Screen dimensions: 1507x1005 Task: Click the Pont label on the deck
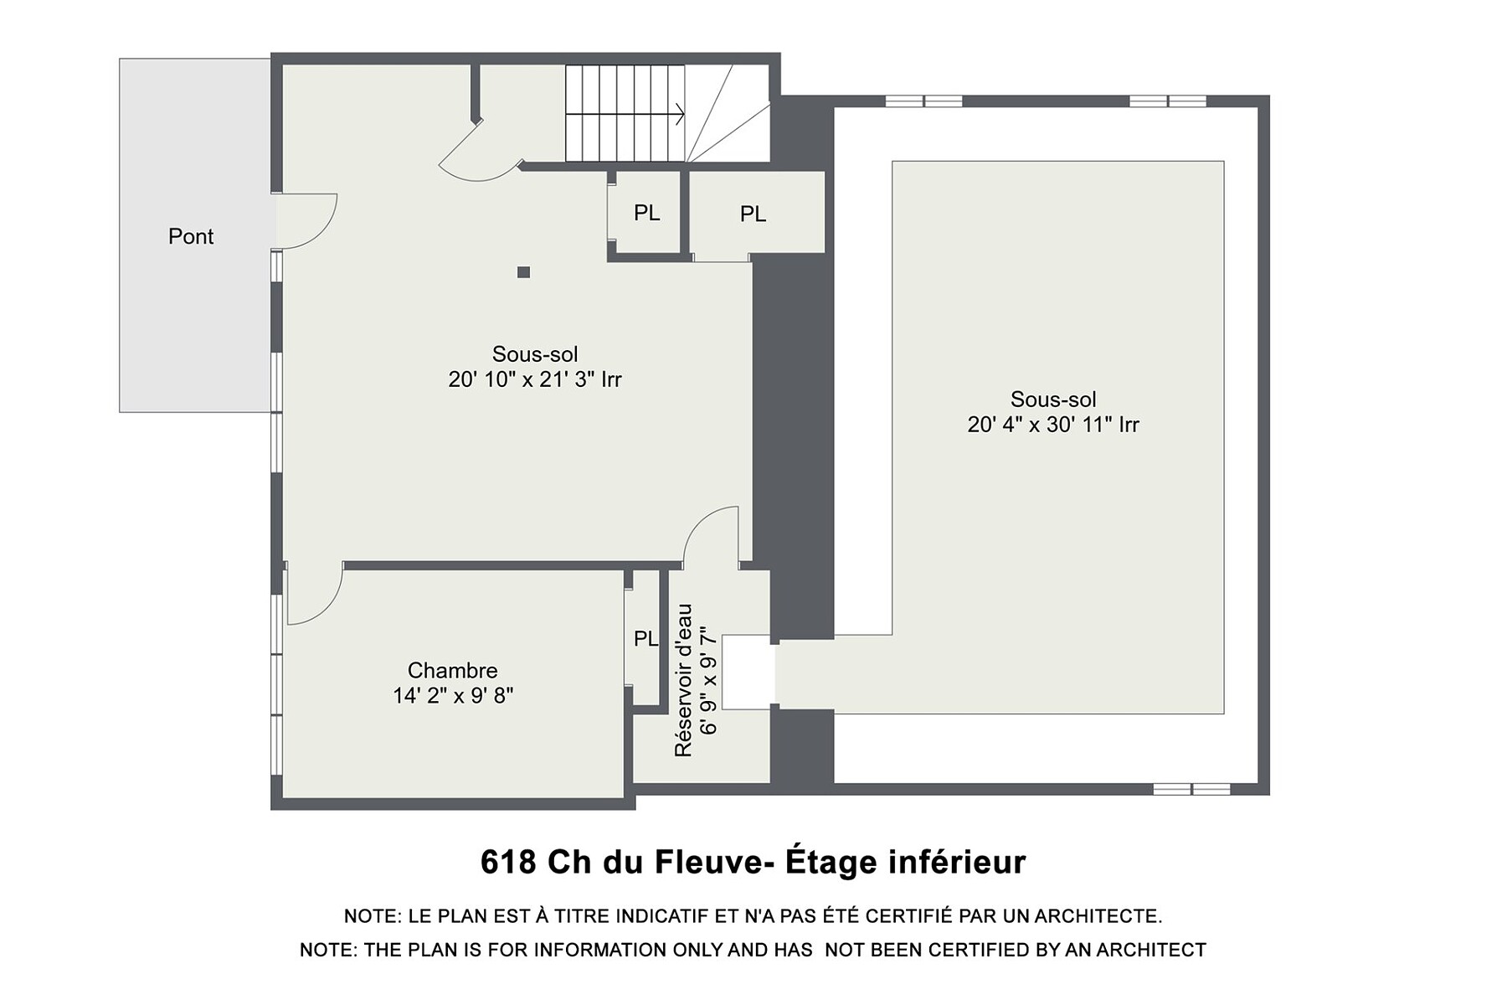point(191,236)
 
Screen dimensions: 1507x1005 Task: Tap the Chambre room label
point(452,670)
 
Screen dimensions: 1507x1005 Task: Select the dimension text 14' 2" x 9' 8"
point(453,695)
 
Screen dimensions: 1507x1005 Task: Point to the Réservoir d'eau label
point(684,680)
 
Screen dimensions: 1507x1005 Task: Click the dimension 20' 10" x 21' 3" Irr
point(535,379)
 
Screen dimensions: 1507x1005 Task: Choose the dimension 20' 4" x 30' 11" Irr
point(1053,425)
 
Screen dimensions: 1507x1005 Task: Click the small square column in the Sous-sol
point(523,272)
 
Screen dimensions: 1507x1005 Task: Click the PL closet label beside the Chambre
point(645,639)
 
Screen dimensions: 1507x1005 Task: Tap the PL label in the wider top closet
point(753,214)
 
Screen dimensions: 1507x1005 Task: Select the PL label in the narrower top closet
point(646,213)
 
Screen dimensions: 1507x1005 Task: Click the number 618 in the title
point(508,862)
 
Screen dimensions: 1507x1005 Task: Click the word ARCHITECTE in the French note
point(1098,916)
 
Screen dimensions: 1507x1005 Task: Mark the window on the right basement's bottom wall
point(1191,789)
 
